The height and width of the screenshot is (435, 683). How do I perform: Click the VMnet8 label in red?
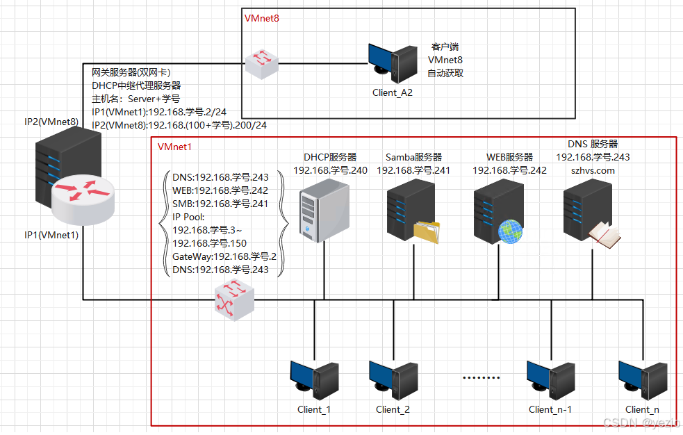pyautogui.click(x=262, y=18)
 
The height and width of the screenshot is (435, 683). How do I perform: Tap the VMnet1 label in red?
pyautogui.click(x=175, y=147)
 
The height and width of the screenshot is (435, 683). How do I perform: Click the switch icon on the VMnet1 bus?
pyautogui.click(x=233, y=301)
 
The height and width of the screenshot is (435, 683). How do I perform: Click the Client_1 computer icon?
pyautogui.click(x=313, y=379)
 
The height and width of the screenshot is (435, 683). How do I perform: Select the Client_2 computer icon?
pyautogui.click(x=393, y=379)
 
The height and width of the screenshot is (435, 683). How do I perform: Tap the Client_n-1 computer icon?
pyautogui.click(x=550, y=379)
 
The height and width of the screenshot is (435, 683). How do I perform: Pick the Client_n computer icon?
pyautogui.click(x=643, y=379)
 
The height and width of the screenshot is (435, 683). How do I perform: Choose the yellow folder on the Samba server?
pyautogui.click(x=427, y=232)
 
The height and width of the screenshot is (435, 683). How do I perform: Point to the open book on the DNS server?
pyautogui.click(x=603, y=235)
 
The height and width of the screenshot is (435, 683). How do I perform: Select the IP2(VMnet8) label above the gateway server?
pyautogui.click(x=51, y=122)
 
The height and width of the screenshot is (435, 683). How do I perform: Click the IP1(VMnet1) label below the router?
pyautogui.click(x=51, y=235)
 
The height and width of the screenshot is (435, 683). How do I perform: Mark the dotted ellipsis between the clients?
pyautogui.click(x=481, y=379)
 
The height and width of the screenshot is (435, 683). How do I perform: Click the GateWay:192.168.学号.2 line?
pyautogui.click(x=224, y=256)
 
